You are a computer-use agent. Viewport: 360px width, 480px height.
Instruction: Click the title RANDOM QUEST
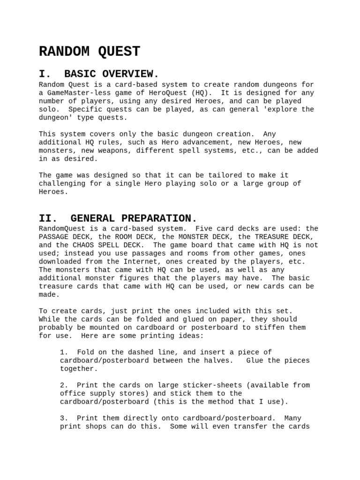[x=90, y=52]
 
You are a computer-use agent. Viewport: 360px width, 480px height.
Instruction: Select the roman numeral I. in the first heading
[x=45, y=74]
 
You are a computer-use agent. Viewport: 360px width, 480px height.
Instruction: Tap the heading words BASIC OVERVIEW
[x=112, y=74]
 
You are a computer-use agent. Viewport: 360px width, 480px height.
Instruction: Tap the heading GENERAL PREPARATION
[x=134, y=218]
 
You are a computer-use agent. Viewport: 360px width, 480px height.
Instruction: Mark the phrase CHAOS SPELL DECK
[x=109, y=245]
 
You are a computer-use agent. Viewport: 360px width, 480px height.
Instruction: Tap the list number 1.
[x=64, y=352]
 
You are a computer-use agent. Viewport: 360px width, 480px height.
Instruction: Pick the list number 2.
[x=64, y=385]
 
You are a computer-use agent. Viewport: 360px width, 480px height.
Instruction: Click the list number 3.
[x=64, y=419]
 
